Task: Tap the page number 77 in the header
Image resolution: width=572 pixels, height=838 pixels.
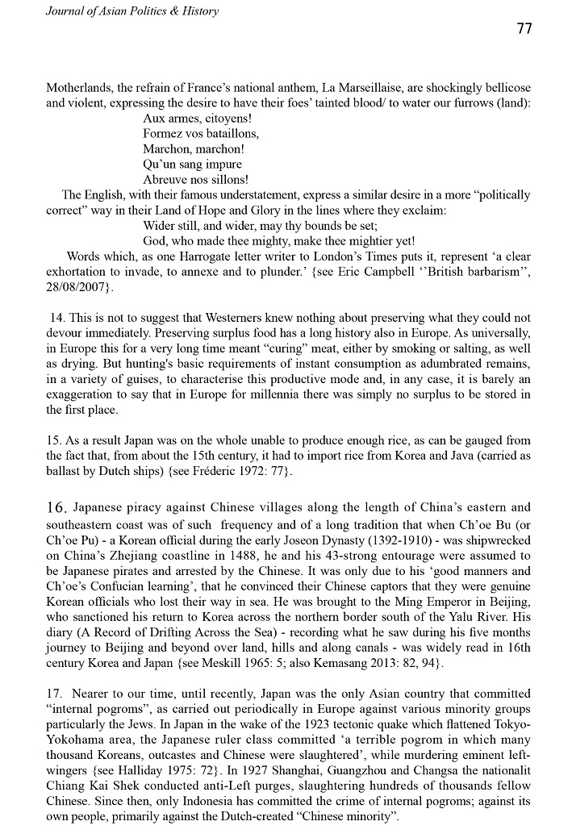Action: point(524,29)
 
